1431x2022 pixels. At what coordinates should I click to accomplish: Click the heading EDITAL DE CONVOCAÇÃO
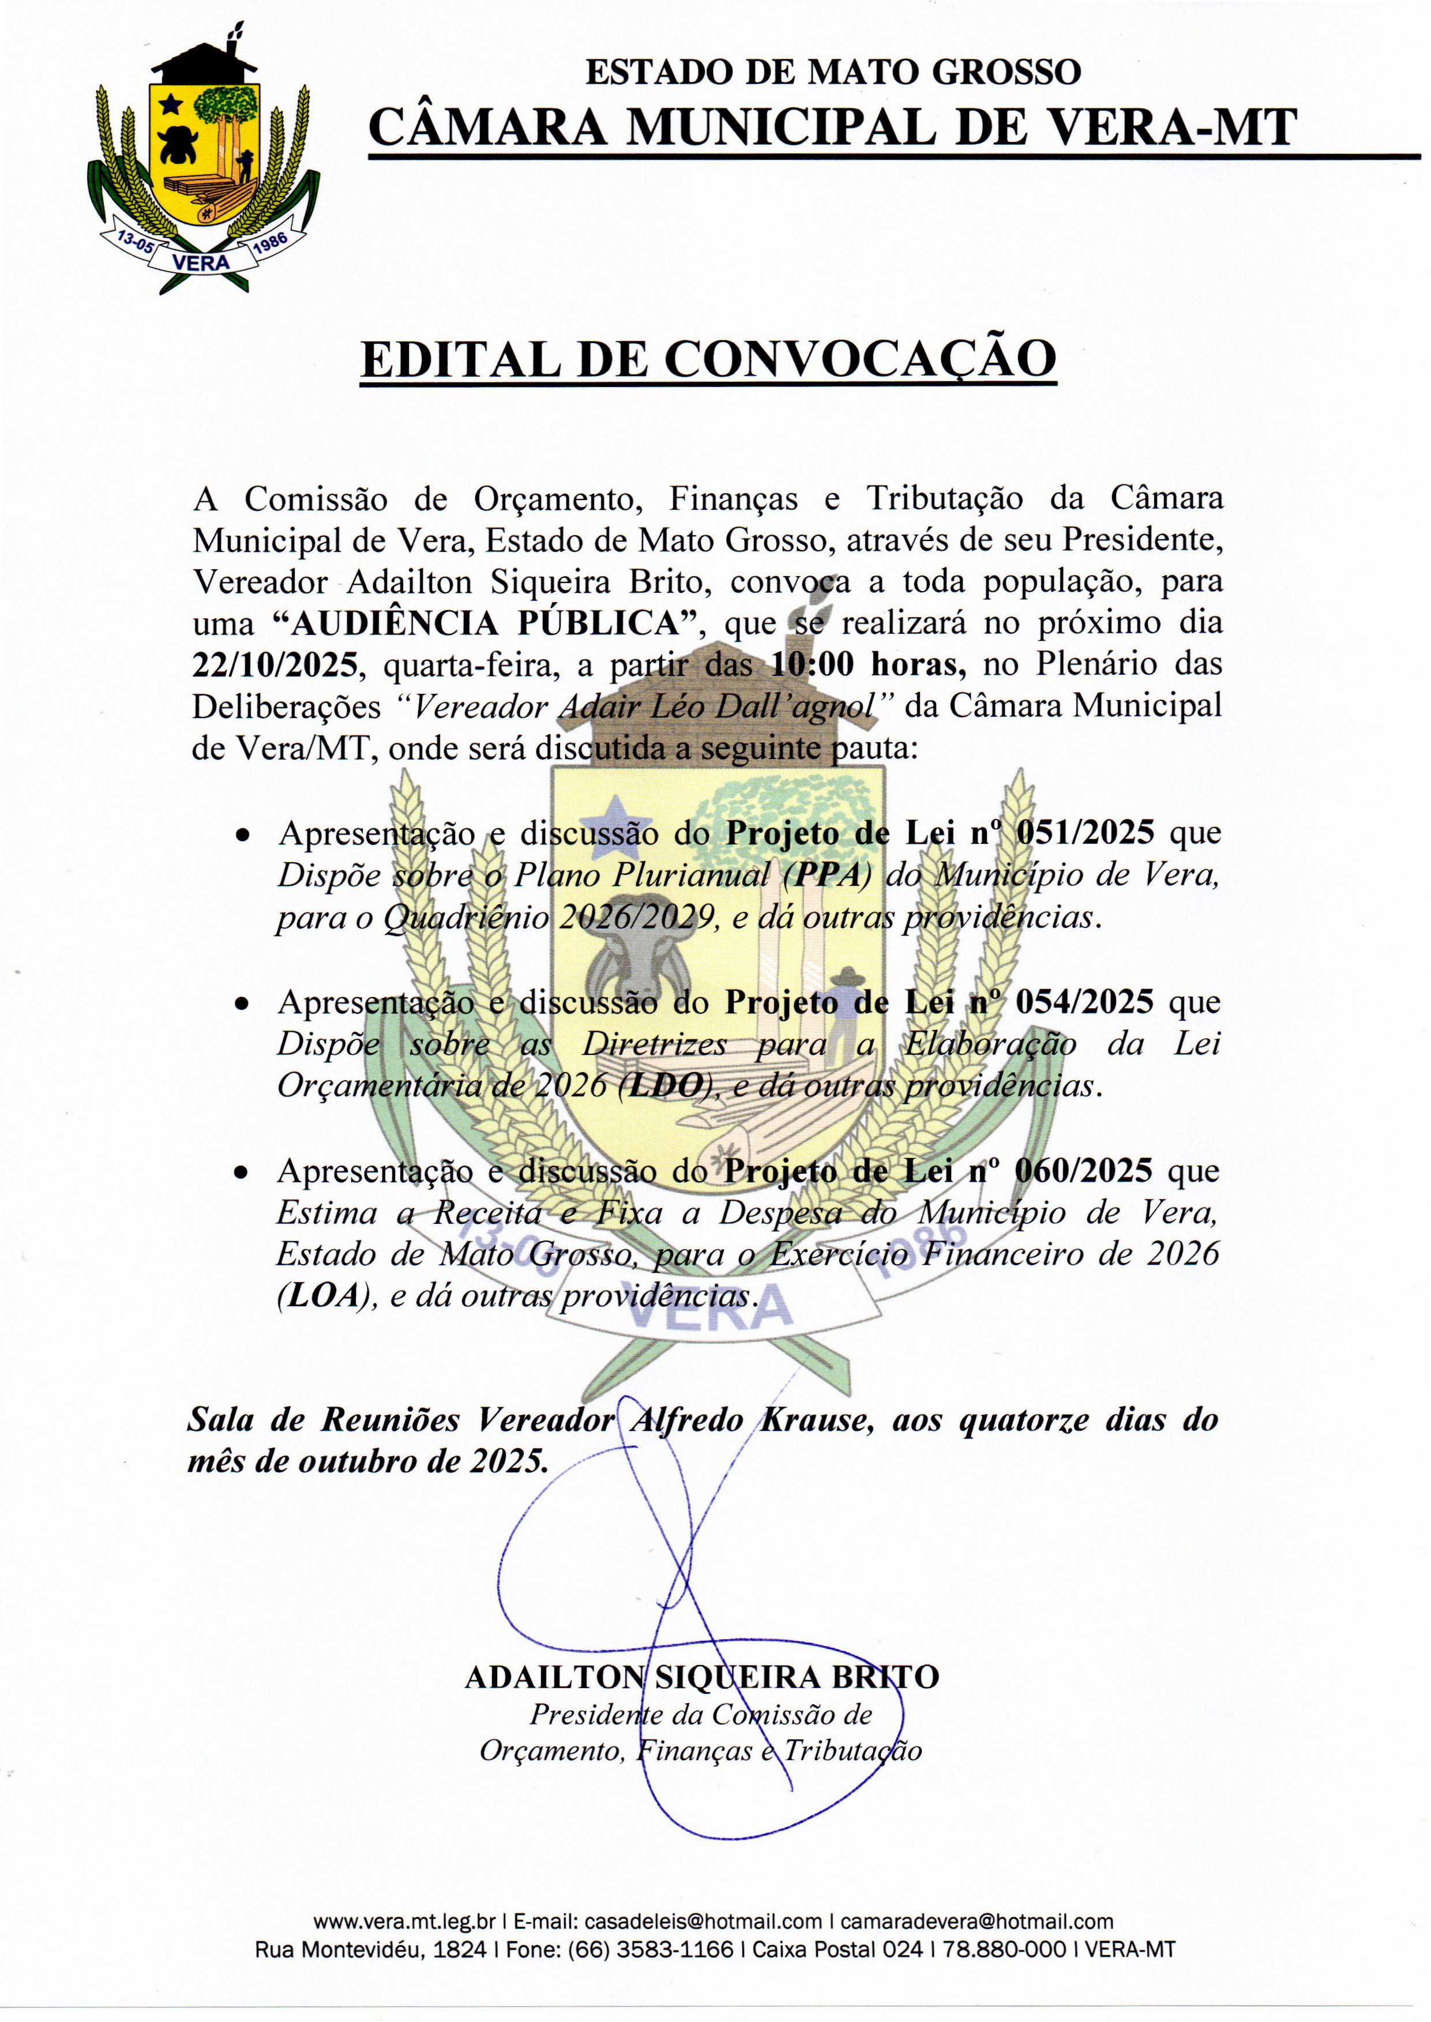click(x=708, y=359)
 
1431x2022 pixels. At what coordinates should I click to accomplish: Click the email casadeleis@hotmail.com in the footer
click(x=703, y=1922)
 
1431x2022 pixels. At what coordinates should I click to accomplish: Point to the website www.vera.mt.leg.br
click(x=404, y=1922)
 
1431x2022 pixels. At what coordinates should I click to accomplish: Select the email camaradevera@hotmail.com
click(x=976, y=1922)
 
